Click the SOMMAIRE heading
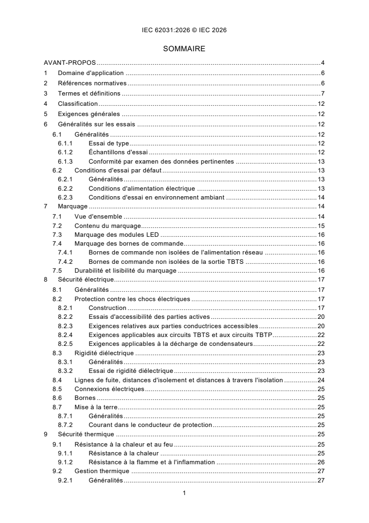pyautogui.click(x=184, y=48)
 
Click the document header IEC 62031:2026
pyautogui.click(x=184, y=30)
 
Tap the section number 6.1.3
pyautogui.click(x=66, y=162)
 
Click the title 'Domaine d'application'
pyautogui.click(x=90, y=73)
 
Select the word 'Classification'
pyautogui.click(x=78, y=103)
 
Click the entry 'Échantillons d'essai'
pyautogui.click(x=118, y=152)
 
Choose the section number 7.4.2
pyautogui.click(x=66, y=261)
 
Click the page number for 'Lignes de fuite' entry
pyautogui.click(x=321, y=380)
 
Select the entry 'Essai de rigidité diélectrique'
pyautogui.click(x=131, y=371)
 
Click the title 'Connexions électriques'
pyautogui.click(x=109, y=389)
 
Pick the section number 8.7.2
pyautogui.click(x=66, y=425)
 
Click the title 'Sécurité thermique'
pyautogui.click(x=86, y=434)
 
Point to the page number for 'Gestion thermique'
pyautogui.click(x=321, y=471)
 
